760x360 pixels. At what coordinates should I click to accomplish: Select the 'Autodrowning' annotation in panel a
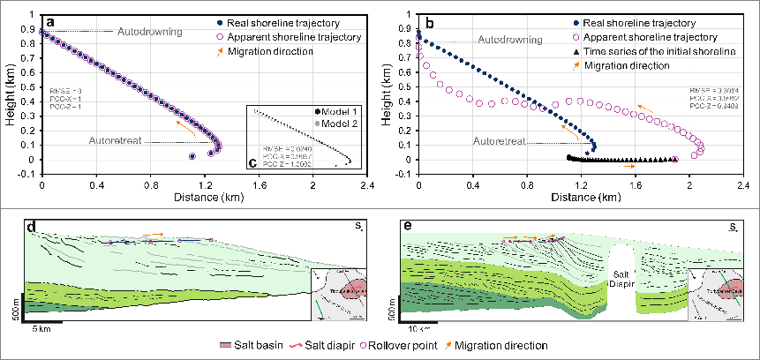point(150,32)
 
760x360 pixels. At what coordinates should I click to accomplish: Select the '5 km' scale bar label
point(41,328)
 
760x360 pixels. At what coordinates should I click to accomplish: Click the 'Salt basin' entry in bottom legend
point(280,345)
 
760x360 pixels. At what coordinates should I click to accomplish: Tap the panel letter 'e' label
point(407,229)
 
